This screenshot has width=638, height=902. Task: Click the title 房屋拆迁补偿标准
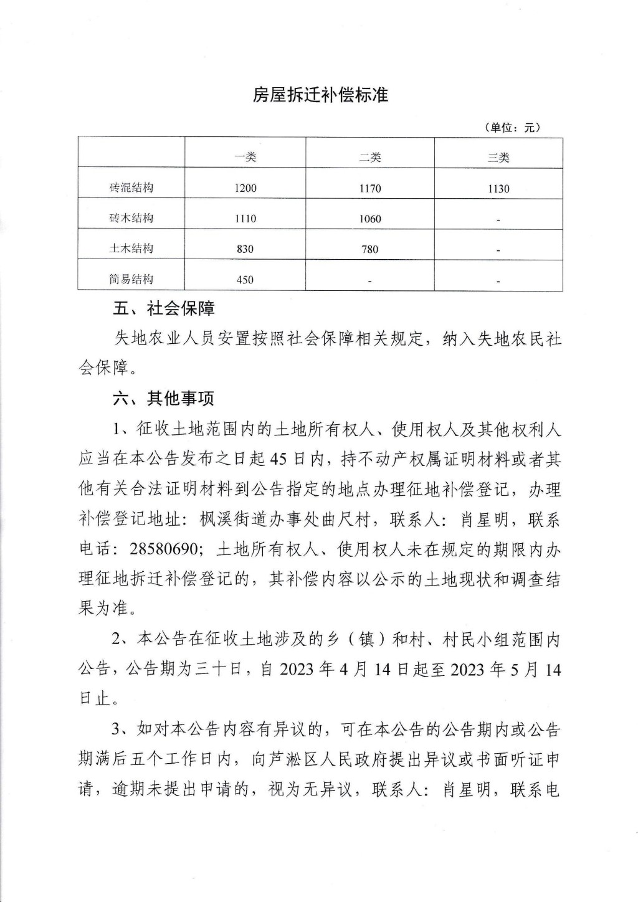pyautogui.click(x=320, y=95)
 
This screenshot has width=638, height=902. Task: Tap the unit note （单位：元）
pyautogui.click(x=512, y=128)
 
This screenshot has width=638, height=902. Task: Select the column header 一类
pyautogui.click(x=245, y=158)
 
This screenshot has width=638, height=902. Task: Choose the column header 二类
pyautogui.click(x=370, y=158)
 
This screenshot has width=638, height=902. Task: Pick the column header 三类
pyautogui.click(x=498, y=158)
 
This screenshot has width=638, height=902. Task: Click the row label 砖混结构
pyautogui.click(x=131, y=188)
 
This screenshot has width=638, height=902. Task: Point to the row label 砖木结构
pyautogui.click(x=131, y=218)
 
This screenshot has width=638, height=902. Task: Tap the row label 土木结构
pyautogui.click(x=131, y=249)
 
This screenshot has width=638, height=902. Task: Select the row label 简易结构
pyautogui.click(x=131, y=279)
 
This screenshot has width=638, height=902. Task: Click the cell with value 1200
pyautogui.click(x=245, y=188)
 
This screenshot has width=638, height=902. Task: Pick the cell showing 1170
pyautogui.click(x=370, y=188)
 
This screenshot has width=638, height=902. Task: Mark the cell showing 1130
pyautogui.click(x=498, y=188)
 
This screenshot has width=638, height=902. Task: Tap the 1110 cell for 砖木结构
pyautogui.click(x=245, y=219)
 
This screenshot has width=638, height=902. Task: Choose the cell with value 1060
pyautogui.click(x=370, y=219)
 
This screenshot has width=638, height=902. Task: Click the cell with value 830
pyautogui.click(x=245, y=249)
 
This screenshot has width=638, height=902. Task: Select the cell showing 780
pyautogui.click(x=370, y=249)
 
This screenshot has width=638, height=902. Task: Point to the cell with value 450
pyautogui.click(x=245, y=280)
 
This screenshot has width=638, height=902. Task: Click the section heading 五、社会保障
pyautogui.click(x=164, y=309)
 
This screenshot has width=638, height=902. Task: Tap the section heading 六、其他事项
pyautogui.click(x=164, y=399)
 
